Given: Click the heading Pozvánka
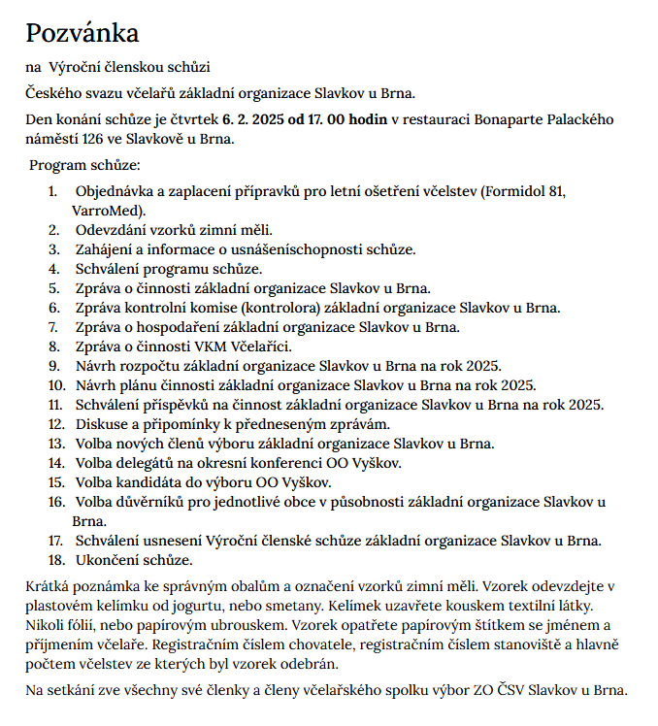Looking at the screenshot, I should point(82,34).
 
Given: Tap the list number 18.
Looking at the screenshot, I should point(54,560).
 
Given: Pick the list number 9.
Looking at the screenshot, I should point(55,366).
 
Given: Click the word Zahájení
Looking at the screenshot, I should point(109,249).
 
